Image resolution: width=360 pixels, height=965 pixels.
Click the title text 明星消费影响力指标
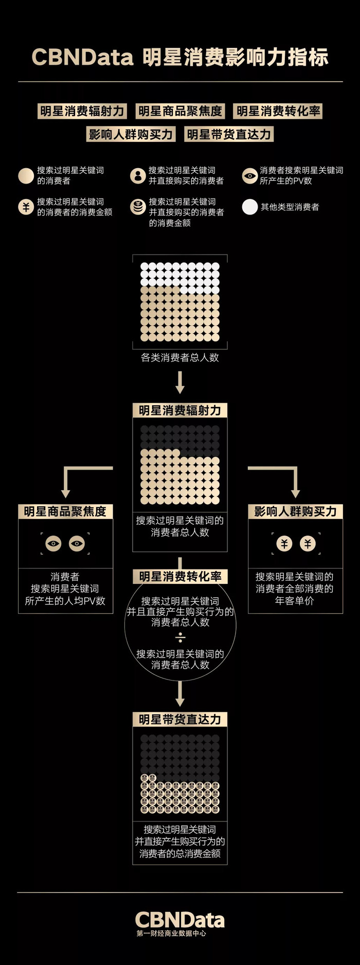[x=235, y=57]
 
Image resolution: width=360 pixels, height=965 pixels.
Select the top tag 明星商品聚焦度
[x=180, y=111]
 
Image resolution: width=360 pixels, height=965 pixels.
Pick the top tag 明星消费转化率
[x=278, y=111]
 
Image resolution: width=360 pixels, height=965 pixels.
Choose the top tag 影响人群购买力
[x=131, y=135]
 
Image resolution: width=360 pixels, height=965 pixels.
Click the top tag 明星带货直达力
[x=229, y=135]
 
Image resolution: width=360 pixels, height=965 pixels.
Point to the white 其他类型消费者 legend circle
[x=250, y=207]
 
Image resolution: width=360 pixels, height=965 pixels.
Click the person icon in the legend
[x=138, y=176]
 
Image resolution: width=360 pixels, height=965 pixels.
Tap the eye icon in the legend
[x=250, y=176]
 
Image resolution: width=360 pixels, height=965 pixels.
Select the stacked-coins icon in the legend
[x=138, y=207]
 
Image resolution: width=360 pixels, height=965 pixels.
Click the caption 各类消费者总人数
[x=180, y=358]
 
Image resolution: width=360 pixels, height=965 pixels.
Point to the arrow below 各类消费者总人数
[x=180, y=383]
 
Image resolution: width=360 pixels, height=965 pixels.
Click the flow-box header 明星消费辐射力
[x=180, y=410]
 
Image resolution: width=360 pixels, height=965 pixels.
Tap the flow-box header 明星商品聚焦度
[x=65, y=512]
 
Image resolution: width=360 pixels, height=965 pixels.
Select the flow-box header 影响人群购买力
[x=295, y=512]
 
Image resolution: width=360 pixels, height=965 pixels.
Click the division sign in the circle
[x=180, y=638]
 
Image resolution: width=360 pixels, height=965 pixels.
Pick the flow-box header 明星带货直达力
[x=180, y=720]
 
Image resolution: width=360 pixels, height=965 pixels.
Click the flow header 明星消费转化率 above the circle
[x=180, y=577]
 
